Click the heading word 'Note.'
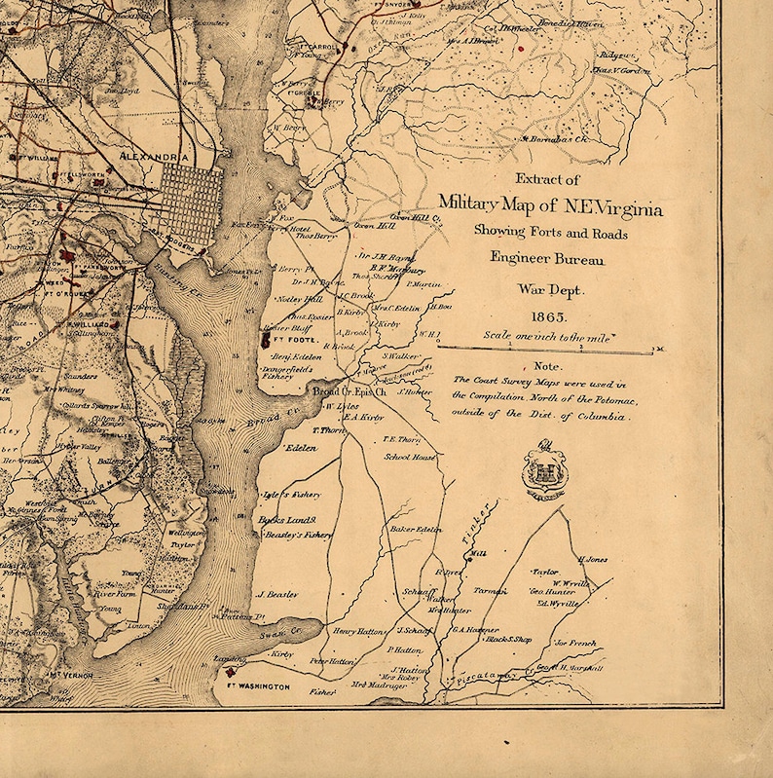(547, 366)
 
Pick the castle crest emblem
(544, 472)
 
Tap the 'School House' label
(410, 456)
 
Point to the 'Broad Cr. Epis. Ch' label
(350, 390)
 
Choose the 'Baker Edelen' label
(416, 529)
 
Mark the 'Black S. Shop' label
(508, 639)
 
